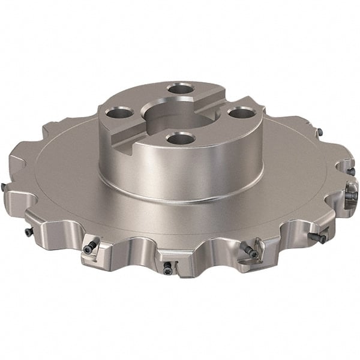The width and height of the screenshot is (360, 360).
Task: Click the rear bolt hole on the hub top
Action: [x=181, y=89]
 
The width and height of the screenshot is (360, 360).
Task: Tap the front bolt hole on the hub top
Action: [x=179, y=139]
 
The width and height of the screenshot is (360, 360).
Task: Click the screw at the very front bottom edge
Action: [x=166, y=265]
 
